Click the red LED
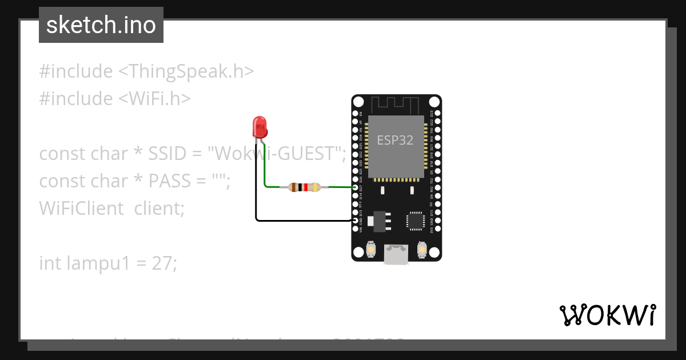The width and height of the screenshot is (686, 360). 260,127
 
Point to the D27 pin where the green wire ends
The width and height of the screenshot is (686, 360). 356,187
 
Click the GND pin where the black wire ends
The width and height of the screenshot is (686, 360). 356,220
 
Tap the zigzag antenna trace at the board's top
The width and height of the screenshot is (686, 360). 396,105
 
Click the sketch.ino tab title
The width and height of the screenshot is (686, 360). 101,25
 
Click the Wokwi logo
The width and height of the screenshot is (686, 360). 607,315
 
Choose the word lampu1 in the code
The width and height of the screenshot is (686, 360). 98,263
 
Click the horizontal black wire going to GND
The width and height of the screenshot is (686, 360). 303,220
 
